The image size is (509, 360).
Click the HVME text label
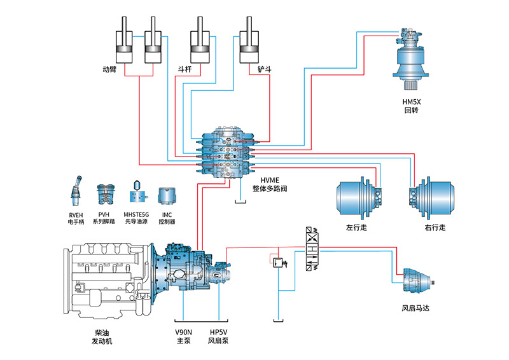tap(270, 179)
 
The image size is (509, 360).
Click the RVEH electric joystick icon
tap(76, 190)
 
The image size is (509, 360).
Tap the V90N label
tap(184, 332)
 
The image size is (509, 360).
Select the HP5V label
tap(218, 332)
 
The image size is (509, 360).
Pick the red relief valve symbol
tap(277, 261)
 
